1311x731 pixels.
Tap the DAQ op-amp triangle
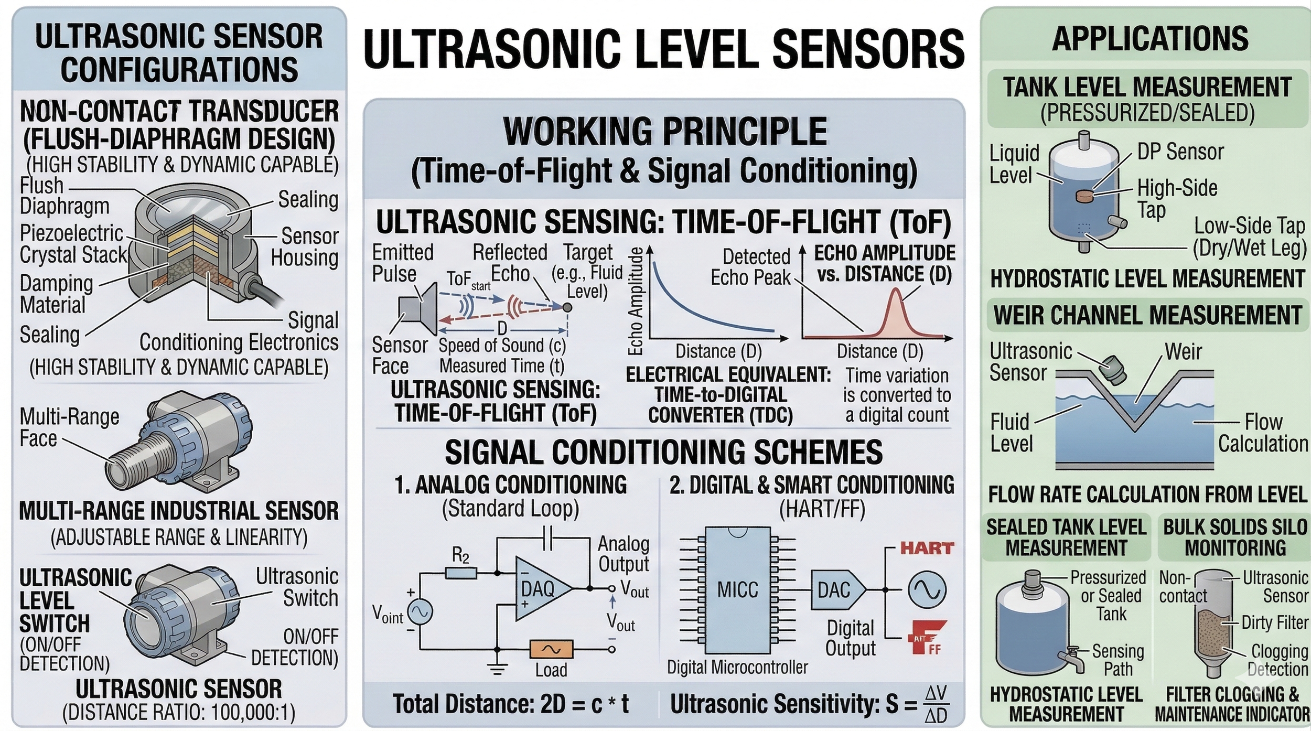[x=540, y=588]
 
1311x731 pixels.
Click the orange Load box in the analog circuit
[x=551, y=649]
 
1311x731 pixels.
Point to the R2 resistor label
[x=460, y=555]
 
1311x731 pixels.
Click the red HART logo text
[x=927, y=549]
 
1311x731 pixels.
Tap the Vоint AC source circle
[x=420, y=611]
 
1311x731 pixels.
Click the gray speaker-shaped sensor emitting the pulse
[x=418, y=308]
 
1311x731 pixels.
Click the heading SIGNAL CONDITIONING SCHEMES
[x=663, y=452]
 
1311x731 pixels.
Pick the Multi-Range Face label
[x=69, y=427]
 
